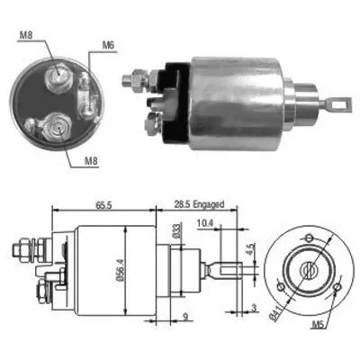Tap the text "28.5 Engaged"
point(198,205)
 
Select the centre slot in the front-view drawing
point(309,269)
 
